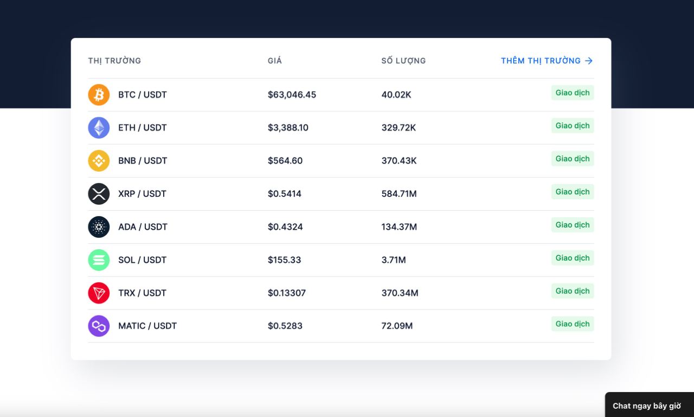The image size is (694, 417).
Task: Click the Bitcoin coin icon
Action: pos(99,94)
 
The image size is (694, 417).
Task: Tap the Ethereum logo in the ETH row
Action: pos(99,128)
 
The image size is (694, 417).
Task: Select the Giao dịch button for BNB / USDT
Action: pos(572,159)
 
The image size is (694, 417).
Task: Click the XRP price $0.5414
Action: pos(285,194)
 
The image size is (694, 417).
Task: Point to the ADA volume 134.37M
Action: pos(399,227)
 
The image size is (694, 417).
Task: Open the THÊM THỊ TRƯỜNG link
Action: pos(547,60)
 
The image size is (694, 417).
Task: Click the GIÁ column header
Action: pos(275,60)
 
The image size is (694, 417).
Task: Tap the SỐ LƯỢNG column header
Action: pos(403,60)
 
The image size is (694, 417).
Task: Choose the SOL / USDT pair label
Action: pos(142,260)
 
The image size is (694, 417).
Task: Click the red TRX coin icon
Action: pos(99,293)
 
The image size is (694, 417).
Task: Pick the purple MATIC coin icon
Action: pos(99,326)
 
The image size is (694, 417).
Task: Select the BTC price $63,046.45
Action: pos(292,94)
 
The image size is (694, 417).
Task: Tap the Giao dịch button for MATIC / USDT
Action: pos(572,324)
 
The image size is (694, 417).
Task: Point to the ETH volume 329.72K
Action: pos(399,128)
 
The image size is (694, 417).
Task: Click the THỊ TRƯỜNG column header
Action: pos(114,60)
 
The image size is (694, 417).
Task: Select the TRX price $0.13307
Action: pos(287,293)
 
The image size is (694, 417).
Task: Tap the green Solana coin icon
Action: pos(99,260)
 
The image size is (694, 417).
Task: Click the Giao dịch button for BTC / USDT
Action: pos(572,92)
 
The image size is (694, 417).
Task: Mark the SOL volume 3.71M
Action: pos(394,260)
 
